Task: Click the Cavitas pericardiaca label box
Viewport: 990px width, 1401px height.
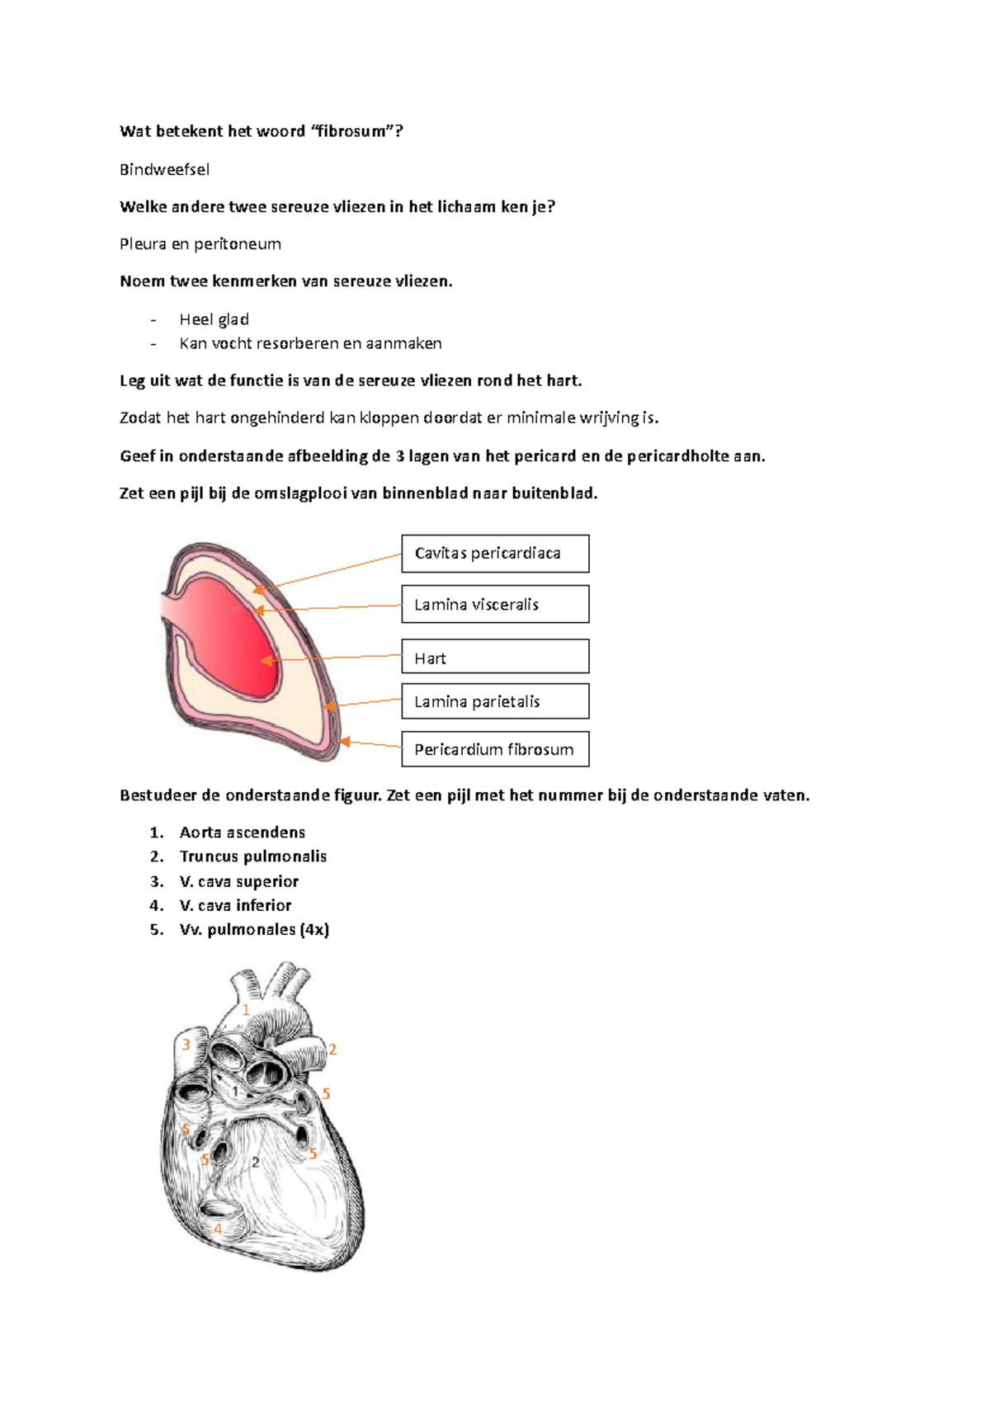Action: tap(495, 554)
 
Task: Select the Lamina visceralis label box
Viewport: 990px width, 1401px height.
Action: tap(495, 604)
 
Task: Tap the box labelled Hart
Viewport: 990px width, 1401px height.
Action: tap(495, 658)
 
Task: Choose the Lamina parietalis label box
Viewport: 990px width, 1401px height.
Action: tap(495, 701)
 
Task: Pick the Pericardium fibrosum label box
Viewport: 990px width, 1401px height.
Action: tap(495, 749)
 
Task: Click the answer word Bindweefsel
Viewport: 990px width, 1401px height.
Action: tap(164, 169)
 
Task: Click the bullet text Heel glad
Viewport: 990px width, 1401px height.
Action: tap(214, 319)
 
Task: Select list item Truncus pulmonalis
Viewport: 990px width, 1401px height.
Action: tap(252, 856)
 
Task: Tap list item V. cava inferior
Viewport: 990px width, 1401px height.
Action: tap(235, 905)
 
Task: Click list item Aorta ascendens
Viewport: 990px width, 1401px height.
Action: tap(242, 833)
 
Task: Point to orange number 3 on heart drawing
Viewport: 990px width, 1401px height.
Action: tap(186, 1045)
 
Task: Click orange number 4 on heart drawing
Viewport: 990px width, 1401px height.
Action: tap(218, 1229)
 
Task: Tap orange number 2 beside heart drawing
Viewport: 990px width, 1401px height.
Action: tap(332, 1050)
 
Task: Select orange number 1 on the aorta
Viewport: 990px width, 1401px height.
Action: tap(245, 1010)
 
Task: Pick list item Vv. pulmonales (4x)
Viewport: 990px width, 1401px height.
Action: tap(253, 930)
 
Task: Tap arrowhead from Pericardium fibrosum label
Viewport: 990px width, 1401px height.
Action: tap(345, 742)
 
